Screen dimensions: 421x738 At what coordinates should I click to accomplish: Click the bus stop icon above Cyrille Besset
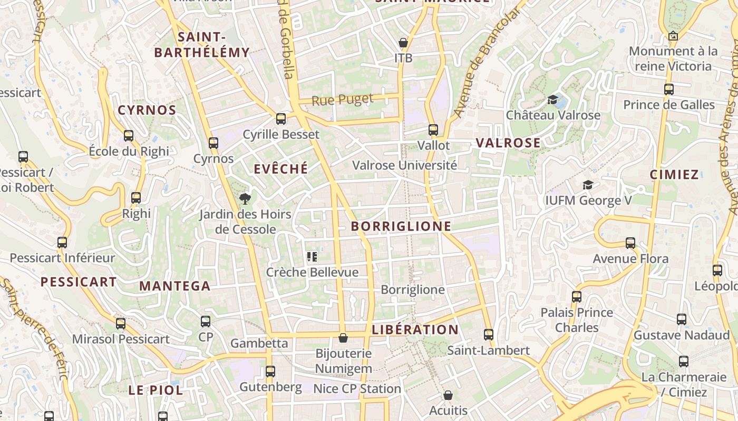(x=281, y=119)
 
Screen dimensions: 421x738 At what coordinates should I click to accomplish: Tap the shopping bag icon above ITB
(x=403, y=43)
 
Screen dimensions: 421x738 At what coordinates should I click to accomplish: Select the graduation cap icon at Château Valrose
(x=553, y=99)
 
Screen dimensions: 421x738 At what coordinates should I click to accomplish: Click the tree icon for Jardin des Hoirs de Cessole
(x=245, y=199)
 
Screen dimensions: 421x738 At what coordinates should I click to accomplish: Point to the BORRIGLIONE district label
(x=401, y=226)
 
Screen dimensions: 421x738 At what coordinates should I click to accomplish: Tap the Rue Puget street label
(x=342, y=99)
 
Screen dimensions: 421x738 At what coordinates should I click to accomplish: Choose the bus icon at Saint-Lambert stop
(x=489, y=335)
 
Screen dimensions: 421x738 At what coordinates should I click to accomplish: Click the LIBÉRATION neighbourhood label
(x=415, y=330)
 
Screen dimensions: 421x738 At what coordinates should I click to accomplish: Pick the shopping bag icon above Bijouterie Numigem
(x=343, y=338)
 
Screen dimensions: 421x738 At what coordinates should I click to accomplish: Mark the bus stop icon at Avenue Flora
(x=630, y=243)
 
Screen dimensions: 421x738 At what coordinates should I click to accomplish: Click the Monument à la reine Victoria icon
(x=673, y=36)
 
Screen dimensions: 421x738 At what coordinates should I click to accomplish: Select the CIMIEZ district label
(x=674, y=175)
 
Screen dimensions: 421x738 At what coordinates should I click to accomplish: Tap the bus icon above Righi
(x=136, y=198)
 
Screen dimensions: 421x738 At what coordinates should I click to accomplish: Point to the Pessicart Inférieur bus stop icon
(x=62, y=243)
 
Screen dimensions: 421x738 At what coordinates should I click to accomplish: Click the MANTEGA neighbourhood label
(x=175, y=286)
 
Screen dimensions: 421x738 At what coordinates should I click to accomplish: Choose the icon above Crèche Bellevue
(x=312, y=257)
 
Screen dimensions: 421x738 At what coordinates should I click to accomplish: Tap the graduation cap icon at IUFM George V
(x=588, y=185)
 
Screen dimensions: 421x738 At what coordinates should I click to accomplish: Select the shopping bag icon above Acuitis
(x=448, y=395)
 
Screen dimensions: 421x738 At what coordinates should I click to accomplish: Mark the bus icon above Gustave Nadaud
(x=682, y=319)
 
